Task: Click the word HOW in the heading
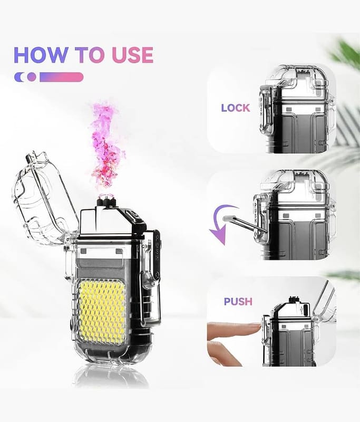click(x=41, y=55)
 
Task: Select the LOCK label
click(x=236, y=108)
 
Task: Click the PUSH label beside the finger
click(x=238, y=301)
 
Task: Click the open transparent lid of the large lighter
click(x=43, y=199)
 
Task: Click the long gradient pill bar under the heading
click(x=61, y=77)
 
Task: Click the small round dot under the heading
click(x=32, y=77)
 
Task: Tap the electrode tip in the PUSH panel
click(x=295, y=299)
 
